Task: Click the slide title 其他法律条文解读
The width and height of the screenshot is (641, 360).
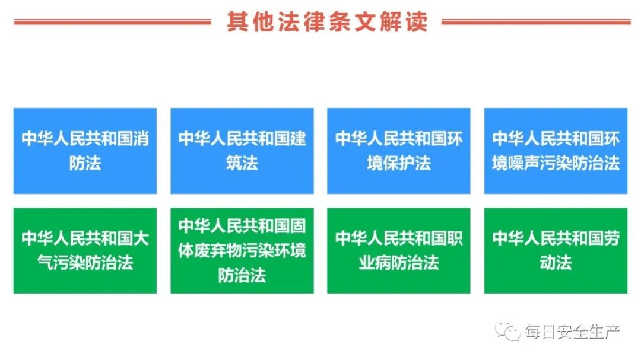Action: [326, 22]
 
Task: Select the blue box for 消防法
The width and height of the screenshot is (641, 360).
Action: [85, 151]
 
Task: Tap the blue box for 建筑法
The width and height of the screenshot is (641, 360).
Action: [242, 151]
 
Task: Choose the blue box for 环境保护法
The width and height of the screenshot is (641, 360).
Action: [399, 151]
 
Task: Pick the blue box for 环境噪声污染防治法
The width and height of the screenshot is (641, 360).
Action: [556, 151]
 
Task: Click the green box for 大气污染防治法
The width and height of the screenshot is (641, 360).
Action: [85, 250]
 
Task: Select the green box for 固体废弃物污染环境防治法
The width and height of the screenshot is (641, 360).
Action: [242, 250]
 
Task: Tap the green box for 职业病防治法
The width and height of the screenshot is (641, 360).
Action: [399, 250]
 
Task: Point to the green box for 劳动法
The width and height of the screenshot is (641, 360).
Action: [556, 250]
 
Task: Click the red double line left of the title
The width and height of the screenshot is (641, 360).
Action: [112, 23]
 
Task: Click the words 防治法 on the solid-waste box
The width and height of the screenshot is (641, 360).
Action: [242, 275]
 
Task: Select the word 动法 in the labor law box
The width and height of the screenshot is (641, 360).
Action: [556, 263]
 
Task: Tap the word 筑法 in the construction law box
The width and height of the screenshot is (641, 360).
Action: [242, 163]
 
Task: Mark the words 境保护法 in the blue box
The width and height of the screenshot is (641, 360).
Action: [399, 163]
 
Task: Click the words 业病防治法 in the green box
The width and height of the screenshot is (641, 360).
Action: [399, 263]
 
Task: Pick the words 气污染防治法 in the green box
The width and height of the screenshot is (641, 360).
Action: [85, 263]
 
